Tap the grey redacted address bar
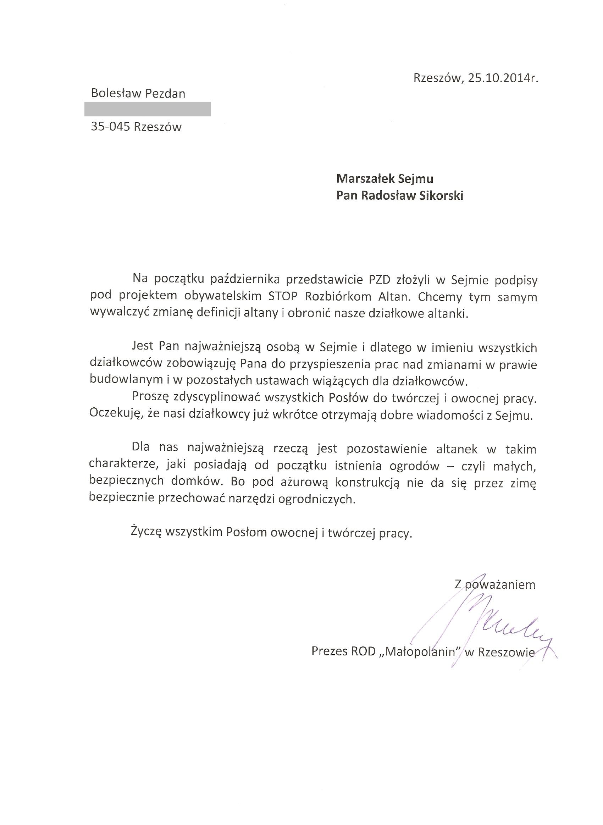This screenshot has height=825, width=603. [x=148, y=109]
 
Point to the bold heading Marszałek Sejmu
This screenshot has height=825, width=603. [x=385, y=178]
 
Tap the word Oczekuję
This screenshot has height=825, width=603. [x=115, y=416]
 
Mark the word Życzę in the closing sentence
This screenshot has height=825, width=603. [x=146, y=533]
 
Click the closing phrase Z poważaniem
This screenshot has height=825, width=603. [x=495, y=584]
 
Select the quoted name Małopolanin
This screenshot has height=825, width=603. [x=420, y=651]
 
